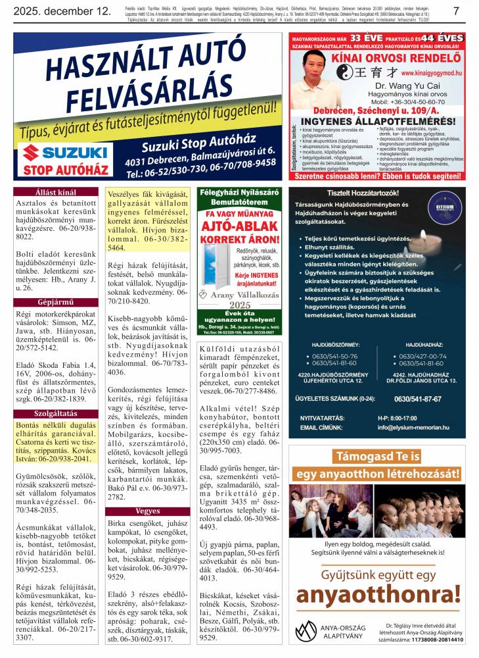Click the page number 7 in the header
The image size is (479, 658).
[x=456, y=11]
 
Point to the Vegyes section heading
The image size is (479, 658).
[x=147, y=511]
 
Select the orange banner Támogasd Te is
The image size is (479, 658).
[x=376, y=456]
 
